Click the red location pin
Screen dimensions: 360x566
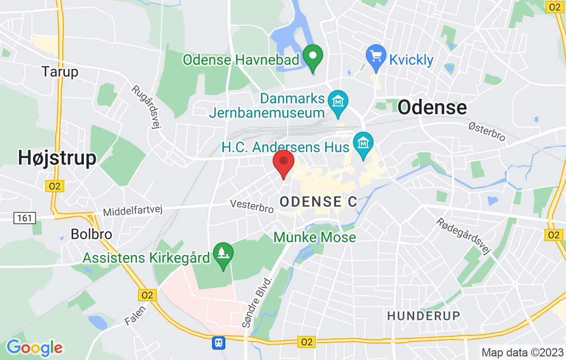point(283,163)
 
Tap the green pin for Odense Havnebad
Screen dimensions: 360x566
point(312,58)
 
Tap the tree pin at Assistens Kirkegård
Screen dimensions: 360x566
point(223,254)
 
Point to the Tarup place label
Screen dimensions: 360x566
point(60,71)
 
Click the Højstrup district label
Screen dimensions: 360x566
point(57,158)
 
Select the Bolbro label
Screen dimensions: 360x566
point(91,235)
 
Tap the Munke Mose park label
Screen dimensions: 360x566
point(314,237)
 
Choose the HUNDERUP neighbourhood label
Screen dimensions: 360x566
point(423,315)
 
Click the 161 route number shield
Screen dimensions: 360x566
point(24,219)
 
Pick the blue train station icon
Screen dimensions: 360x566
point(219,342)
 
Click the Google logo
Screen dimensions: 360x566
point(34,348)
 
